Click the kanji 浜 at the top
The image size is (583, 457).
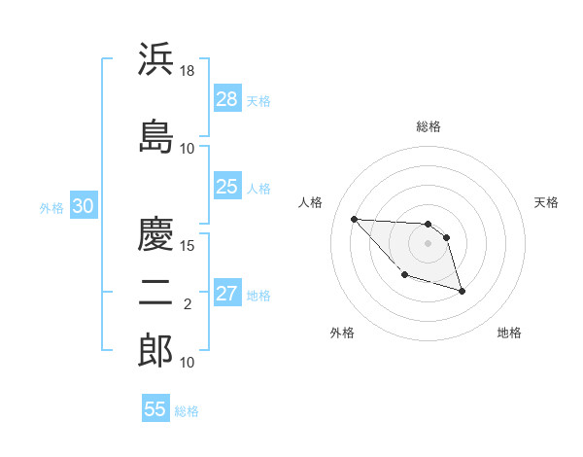[x=156, y=60]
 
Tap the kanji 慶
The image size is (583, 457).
[x=156, y=234]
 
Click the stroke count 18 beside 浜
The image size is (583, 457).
[x=189, y=71]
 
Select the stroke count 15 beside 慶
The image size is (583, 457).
[x=189, y=245]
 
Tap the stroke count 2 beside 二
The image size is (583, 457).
[x=188, y=304]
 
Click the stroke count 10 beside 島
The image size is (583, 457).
[x=188, y=149]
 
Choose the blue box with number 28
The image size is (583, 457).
[x=227, y=99]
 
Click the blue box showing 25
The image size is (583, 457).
[x=227, y=188]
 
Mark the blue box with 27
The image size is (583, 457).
[x=227, y=295]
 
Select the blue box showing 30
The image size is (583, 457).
[x=83, y=206]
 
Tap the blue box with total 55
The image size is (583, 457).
[x=155, y=409]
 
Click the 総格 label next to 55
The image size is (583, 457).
[x=187, y=411]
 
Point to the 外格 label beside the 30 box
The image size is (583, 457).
[x=51, y=207]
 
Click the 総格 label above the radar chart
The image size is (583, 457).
[x=429, y=126]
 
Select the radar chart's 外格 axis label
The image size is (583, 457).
[x=342, y=333]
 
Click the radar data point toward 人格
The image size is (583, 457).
[x=354, y=219]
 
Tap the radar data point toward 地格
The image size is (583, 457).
[x=462, y=291]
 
